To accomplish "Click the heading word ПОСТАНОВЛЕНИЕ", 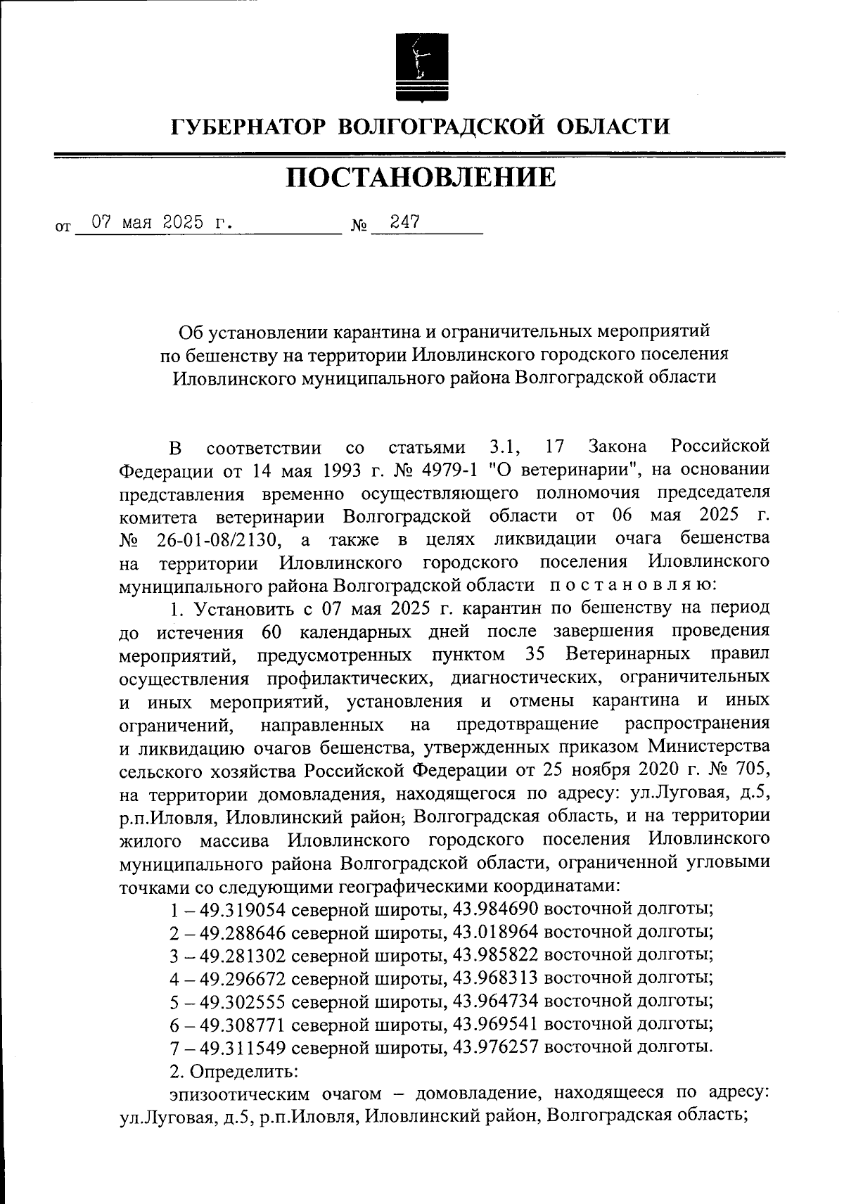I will [x=421, y=179].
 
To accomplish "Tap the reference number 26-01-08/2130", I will [x=214, y=539].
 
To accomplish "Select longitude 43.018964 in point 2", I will [x=496, y=933].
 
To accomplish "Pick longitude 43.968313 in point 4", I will [x=496, y=978].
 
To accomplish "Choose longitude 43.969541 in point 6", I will [x=496, y=1024].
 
